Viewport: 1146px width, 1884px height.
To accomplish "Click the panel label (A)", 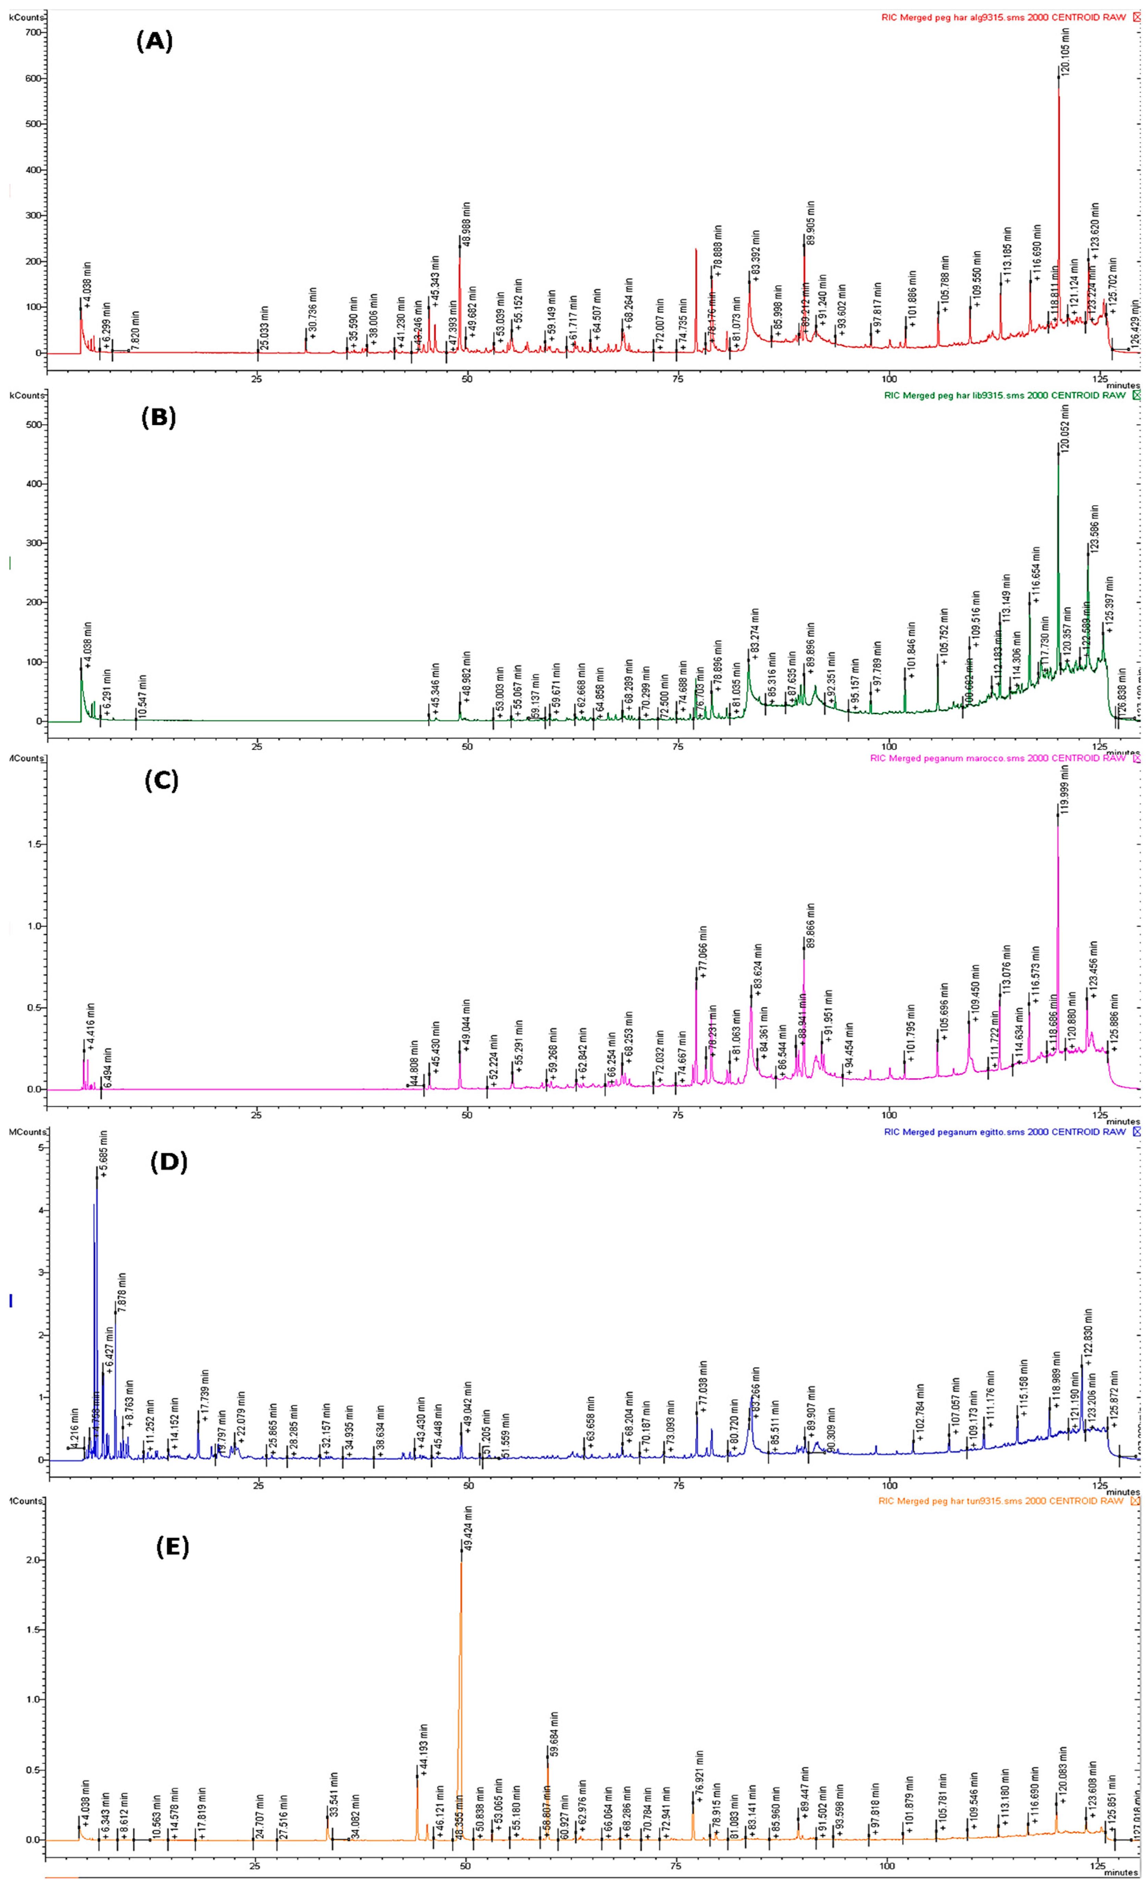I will point(154,41).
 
